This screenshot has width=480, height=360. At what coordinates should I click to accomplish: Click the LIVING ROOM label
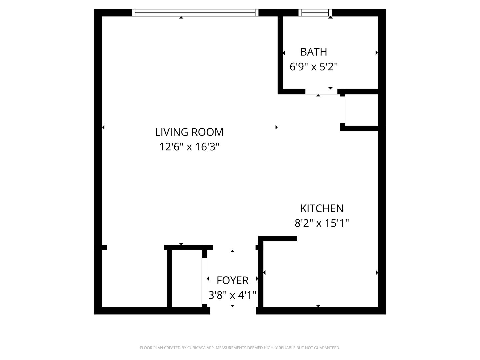(x=189, y=132)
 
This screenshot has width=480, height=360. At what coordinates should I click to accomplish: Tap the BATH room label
(x=314, y=52)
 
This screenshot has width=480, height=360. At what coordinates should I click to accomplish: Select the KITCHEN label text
(x=322, y=208)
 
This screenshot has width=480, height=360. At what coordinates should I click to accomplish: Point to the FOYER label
(x=232, y=280)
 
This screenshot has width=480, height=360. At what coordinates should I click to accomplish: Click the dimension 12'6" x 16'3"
(x=189, y=147)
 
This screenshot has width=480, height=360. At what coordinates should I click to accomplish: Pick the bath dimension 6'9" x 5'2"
(x=314, y=66)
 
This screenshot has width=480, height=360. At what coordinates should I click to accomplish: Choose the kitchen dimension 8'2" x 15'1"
(x=322, y=223)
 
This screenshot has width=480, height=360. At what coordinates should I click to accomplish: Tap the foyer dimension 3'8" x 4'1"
(x=232, y=295)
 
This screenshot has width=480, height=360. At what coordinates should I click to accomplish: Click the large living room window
(x=195, y=12)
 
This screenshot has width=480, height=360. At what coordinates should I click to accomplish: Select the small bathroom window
(x=315, y=12)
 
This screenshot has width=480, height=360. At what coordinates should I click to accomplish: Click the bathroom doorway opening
(x=321, y=92)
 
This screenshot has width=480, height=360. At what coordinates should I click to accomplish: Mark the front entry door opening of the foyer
(x=233, y=310)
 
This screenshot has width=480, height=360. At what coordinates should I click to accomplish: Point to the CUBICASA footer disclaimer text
(x=240, y=348)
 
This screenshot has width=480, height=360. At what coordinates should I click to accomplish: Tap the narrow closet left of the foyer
(x=187, y=278)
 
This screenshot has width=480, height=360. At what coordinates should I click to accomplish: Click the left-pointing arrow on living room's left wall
(x=103, y=127)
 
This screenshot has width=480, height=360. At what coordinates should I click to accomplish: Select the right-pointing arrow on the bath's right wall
(x=377, y=53)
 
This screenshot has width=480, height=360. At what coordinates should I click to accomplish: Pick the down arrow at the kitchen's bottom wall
(x=318, y=306)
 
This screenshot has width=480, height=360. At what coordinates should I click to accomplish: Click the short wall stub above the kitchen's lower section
(x=278, y=238)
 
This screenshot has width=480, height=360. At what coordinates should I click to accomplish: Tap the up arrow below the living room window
(x=181, y=17)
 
